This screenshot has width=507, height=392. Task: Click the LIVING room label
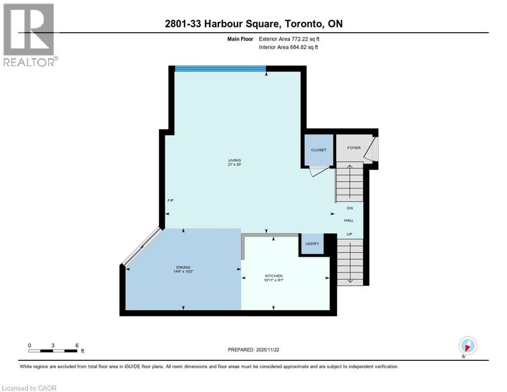pyautogui.click(x=234, y=160)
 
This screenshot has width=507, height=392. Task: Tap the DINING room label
pyautogui.click(x=183, y=267)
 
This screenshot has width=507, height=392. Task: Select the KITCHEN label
pyautogui.click(x=273, y=276)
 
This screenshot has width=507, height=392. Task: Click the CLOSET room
pyautogui.click(x=318, y=150)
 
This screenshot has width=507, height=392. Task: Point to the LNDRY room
pyautogui.click(x=312, y=243)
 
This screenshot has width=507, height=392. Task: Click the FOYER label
pyautogui.click(x=353, y=148)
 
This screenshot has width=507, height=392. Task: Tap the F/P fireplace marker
pyautogui.click(x=171, y=200)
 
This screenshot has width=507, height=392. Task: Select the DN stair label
pyautogui.click(x=349, y=208)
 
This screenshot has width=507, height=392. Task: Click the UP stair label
pyautogui.click(x=349, y=233)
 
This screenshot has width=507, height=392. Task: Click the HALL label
pyautogui.click(x=349, y=220)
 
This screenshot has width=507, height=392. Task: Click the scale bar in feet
pyautogui.click(x=53, y=351)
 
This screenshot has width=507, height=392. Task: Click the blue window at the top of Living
pyautogui.click(x=220, y=68)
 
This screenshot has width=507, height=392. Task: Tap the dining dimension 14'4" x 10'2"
pyautogui.click(x=183, y=272)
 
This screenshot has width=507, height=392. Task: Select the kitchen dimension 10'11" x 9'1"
pyautogui.click(x=273, y=281)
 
